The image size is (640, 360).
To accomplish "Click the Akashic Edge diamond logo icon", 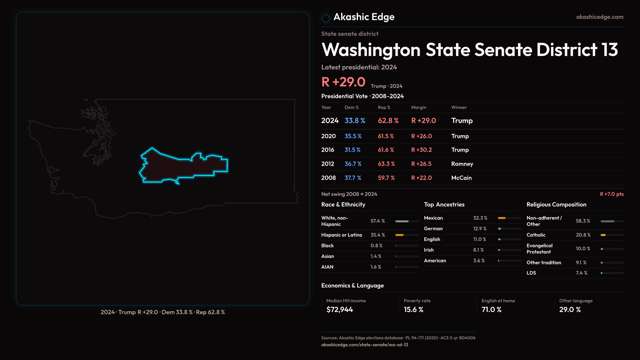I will (x=326, y=18).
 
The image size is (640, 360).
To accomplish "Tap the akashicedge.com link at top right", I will (x=599, y=17).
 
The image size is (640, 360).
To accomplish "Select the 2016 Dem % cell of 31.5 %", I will (x=352, y=150).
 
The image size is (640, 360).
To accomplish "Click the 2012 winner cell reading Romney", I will (x=462, y=164).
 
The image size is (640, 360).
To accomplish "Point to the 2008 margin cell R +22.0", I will (x=421, y=178).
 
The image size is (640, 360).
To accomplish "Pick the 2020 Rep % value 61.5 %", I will (x=386, y=136).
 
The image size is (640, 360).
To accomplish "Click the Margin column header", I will (x=419, y=107).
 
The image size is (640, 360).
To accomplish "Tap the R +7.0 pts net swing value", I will (x=611, y=194).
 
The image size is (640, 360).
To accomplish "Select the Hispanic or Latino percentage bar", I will (x=406, y=235).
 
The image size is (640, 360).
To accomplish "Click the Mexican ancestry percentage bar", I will (x=509, y=218).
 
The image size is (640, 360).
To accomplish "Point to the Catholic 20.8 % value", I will (x=583, y=235).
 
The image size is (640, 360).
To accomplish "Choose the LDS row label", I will (x=531, y=273).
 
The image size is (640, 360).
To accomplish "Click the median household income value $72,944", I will (x=339, y=310).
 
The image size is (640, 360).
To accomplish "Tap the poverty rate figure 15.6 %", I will (x=413, y=310).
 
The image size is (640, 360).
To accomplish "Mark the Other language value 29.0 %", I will (x=570, y=310).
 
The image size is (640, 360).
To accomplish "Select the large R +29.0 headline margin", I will (x=343, y=82).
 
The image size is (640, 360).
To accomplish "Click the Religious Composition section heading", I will (x=556, y=205).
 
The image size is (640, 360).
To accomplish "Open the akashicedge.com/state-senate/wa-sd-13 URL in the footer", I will (x=364, y=345).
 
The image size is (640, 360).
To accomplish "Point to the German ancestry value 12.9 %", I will (x=480, y=229).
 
